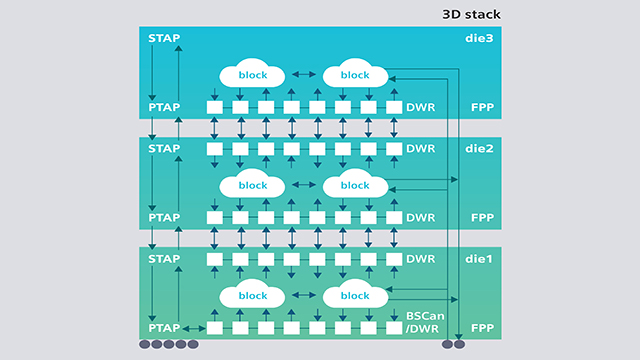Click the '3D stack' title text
click(x=471, y=14)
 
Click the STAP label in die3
click(x=164, y=38)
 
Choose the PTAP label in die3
click(x=164, y=107)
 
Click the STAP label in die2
click(x=164, y=148)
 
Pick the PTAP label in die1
click(x=164, y=327)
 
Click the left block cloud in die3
click(x=252, y=75)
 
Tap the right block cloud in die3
click(x=354, y=75)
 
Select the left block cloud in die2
click(x=252, y=185)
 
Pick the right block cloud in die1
click(x=354, y=295)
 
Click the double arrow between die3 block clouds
click(x=303, y=75)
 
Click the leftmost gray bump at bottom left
click(x=146, y=345)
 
